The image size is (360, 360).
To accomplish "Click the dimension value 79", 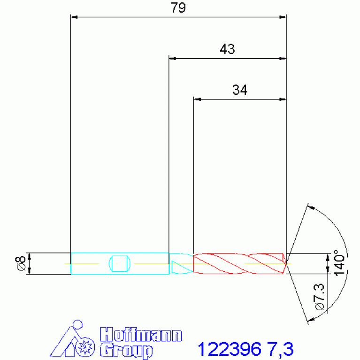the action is (178, 8).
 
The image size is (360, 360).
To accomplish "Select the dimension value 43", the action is (227, 49).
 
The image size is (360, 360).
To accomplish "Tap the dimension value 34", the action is (240, 90).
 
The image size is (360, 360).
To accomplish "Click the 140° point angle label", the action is (339, 263).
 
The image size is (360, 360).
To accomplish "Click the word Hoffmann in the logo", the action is (141, 334).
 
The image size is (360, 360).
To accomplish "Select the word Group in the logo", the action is (126, 350).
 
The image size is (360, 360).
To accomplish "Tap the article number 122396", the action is (230, 349).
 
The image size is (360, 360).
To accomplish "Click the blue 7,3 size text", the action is (280, 349).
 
